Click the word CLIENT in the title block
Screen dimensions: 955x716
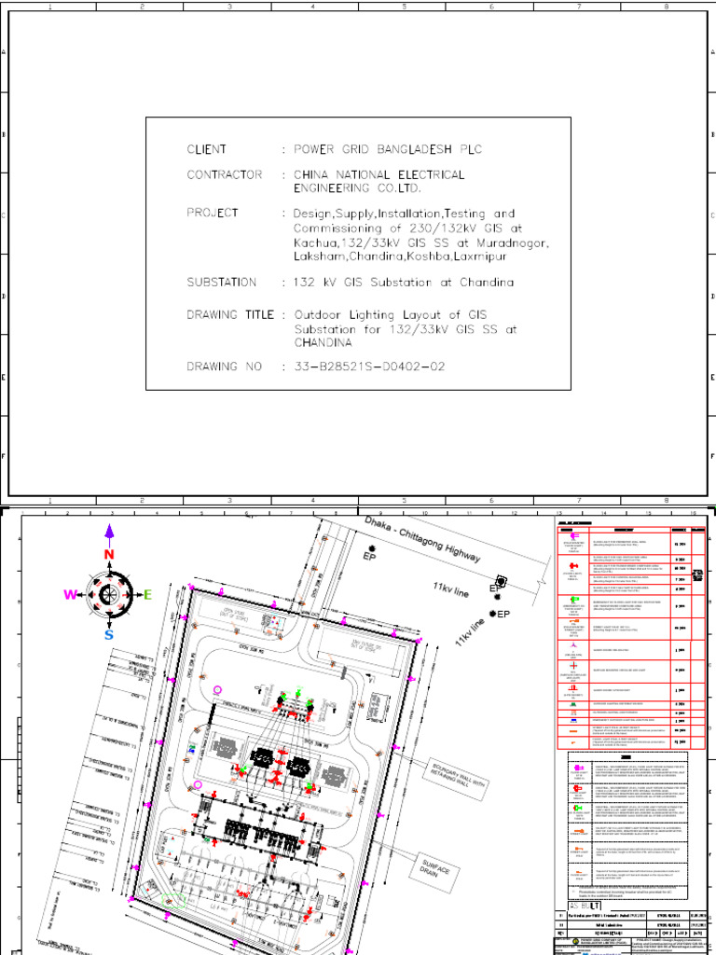click(206, 149)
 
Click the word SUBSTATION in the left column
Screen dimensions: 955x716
click(221, 282)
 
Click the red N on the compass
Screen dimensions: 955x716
click(109, 555)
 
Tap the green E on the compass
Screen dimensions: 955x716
click(146, 594)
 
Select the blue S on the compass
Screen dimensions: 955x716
click(109, 634)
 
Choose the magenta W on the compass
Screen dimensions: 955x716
click(70, 595)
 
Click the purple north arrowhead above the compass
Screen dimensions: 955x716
click(109, 532)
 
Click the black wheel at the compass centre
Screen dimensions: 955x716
click(109, 595)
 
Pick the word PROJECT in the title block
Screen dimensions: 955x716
click(213, 213)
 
